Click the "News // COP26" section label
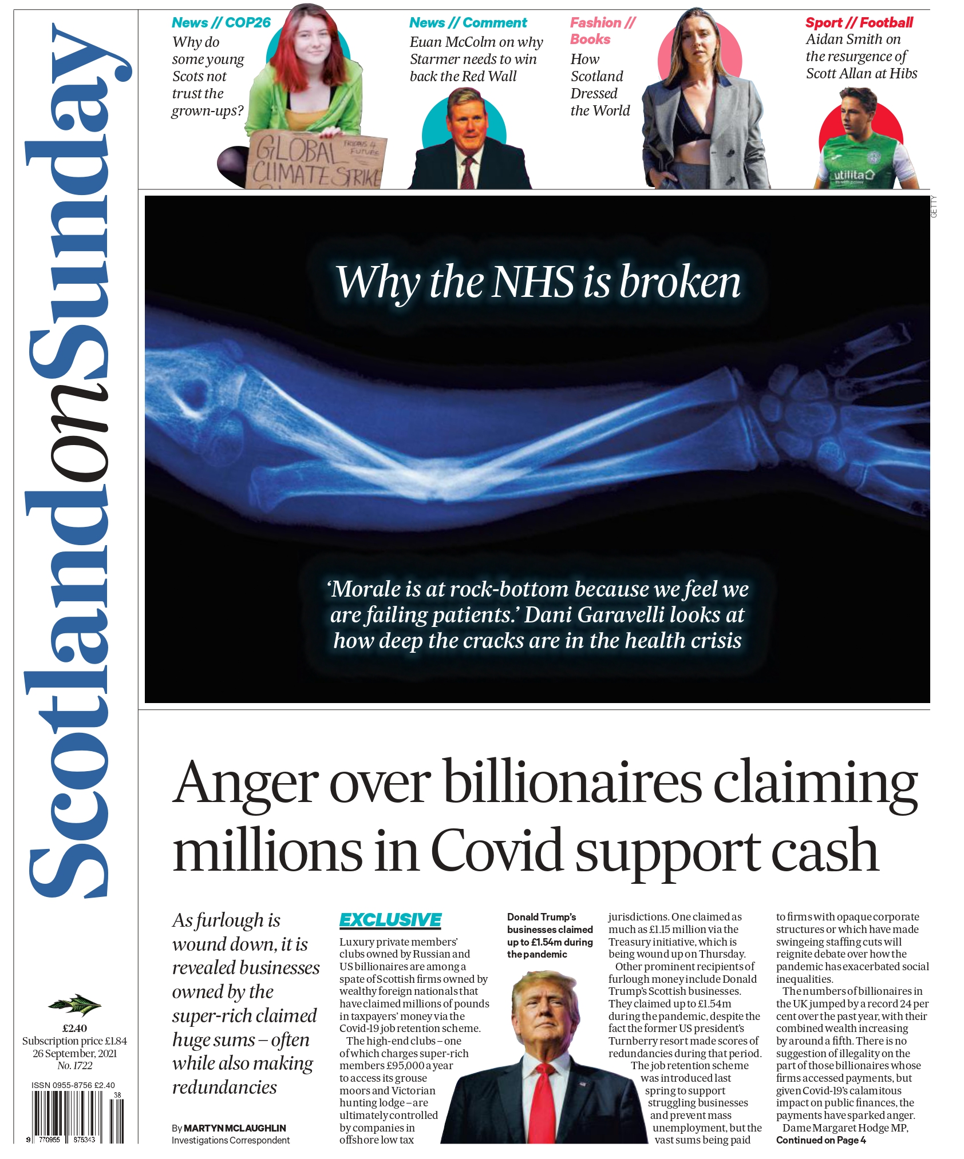pos(221,23)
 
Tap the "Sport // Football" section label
pos(859,23)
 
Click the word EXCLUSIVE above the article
pos(390,920)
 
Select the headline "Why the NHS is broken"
pos(538,282)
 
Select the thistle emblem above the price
pos(74,1004)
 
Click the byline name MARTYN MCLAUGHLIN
pos(235,1128)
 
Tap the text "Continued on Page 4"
pos(820,1140)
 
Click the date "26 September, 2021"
pos(74,1053)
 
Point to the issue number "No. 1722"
pos(74,1065)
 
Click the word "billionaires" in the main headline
pos(572,783)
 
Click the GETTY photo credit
pos(934,207)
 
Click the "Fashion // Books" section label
pos(602,31)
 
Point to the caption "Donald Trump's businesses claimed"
pos(550,923)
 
